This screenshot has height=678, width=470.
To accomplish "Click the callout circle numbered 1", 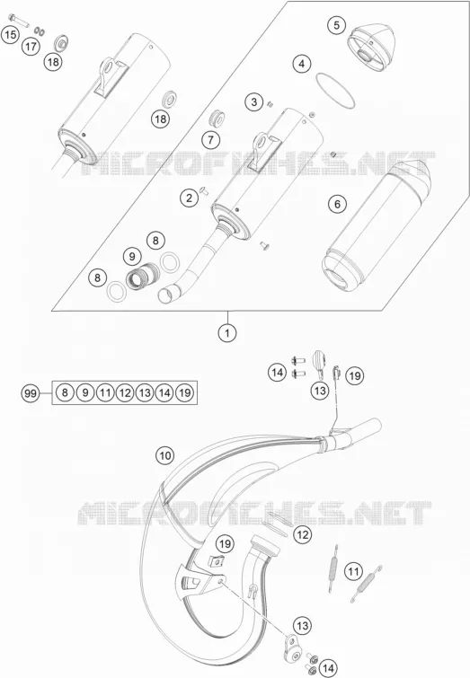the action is pyautogui.click(x=227, y=333).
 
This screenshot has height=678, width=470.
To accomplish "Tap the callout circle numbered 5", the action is pyautogui.click(x=337, y=25).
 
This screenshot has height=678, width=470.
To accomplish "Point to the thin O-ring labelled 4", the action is pyautogui.click(x=335, y=91).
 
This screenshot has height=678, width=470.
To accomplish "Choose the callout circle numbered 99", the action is pyautogui.click(x=31, y=393).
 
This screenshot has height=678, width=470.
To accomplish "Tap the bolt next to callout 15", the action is pyautogui.click(x=17, y=20).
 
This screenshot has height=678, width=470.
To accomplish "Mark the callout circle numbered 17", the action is pyautogui.click(x=31, y=47).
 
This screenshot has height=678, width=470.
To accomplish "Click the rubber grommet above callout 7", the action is pyautogui.click(x=216, y=118).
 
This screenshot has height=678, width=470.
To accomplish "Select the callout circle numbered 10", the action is pyautogui.click(x=164, y=455).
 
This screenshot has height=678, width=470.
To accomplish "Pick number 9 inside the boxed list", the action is pyautogui.click(x=85, y=392).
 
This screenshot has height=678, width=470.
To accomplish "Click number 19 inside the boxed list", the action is pyautogui.click(x=185, y=392).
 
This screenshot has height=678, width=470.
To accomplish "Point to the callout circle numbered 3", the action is pyautogui.click(x=254, y=102).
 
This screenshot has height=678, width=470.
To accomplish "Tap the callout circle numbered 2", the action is pyautogui.click(x=189, y=198).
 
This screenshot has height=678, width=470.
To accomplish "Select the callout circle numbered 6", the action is pyautogui.click(x=337, y=204).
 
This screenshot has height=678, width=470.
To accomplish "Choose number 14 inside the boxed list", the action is pyautogui.click(x=164, y=392).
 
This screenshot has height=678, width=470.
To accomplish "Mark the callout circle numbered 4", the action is pyautogui.click(x=302, y=64).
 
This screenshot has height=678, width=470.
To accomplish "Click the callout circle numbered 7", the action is pyautogui.click(x=211, y=140).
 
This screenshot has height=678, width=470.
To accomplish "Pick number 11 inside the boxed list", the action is pyautogui.click(x=105, y=392).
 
